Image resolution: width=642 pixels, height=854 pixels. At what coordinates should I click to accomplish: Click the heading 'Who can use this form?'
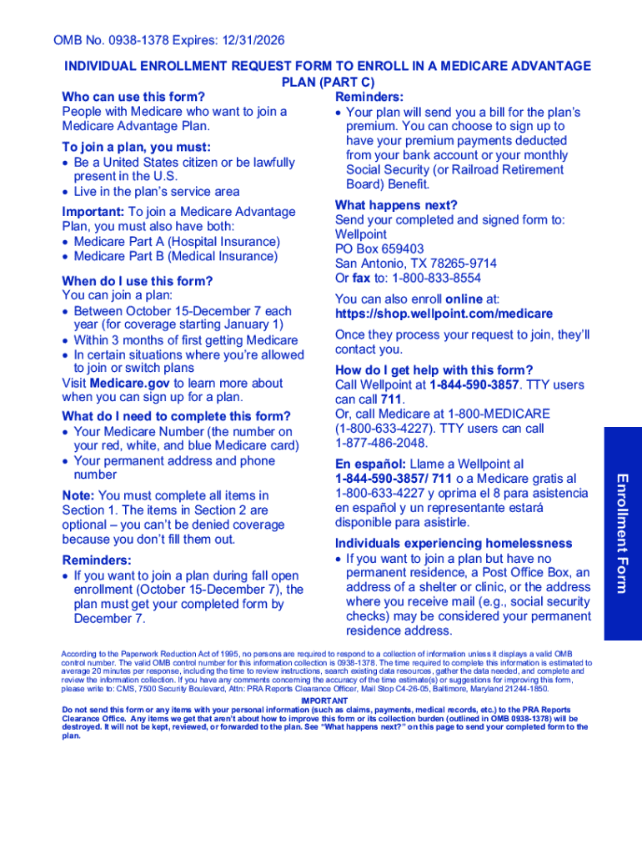[x=133, y=97]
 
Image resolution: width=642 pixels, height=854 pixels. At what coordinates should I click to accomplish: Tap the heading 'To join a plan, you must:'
[x=136, y=147]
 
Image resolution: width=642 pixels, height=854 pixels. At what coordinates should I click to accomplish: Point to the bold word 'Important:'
[x=93, y=212]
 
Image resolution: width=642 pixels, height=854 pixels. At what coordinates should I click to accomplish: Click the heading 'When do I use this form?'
[x=137, y=281]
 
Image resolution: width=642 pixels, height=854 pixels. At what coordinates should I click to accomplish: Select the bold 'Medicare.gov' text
[x=130, y=384]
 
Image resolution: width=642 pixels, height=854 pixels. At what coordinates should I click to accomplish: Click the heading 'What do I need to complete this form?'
[x=176, y=416]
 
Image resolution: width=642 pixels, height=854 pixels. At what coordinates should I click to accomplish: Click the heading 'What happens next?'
[x=396, y=205]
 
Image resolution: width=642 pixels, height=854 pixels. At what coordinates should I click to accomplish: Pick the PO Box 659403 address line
[x=379, y=249]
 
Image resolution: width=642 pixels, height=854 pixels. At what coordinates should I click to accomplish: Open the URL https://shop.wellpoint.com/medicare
[x=444, y=314]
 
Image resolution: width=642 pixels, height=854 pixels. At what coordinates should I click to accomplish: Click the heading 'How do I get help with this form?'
[x=434, y=370]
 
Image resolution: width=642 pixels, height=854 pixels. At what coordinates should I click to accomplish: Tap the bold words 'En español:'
[x=370, y=464]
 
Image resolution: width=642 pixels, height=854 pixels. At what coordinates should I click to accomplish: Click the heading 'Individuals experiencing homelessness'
[x=454, y=544]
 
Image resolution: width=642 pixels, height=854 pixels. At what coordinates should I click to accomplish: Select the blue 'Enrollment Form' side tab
[x=622, y=533]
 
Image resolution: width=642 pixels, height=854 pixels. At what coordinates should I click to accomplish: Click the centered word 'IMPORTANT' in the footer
[x=324, y=701]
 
